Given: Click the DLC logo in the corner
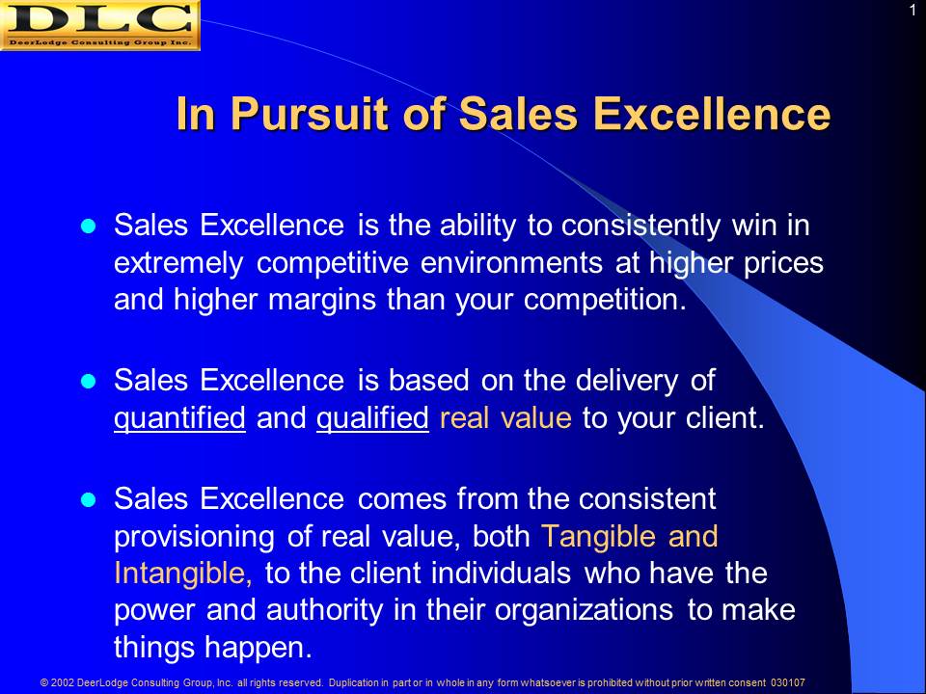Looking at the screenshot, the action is coord(99,25).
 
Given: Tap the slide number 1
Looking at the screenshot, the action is coord(912,11).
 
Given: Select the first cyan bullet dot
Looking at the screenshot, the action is coord(88,227).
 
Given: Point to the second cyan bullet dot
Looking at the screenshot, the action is coord(88,382).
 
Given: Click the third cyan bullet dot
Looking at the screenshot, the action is coord(88,500).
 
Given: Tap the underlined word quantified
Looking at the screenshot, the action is coord(179,418).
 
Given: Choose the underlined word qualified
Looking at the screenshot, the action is coord(372,418).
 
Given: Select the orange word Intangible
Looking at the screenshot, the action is coord(183,573).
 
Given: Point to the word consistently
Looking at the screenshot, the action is coord(640,226).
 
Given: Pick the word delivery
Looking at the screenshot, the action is coord(627,381).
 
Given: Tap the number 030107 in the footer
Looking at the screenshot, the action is coord(787,682).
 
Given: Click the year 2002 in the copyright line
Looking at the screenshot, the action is coord(62,682).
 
